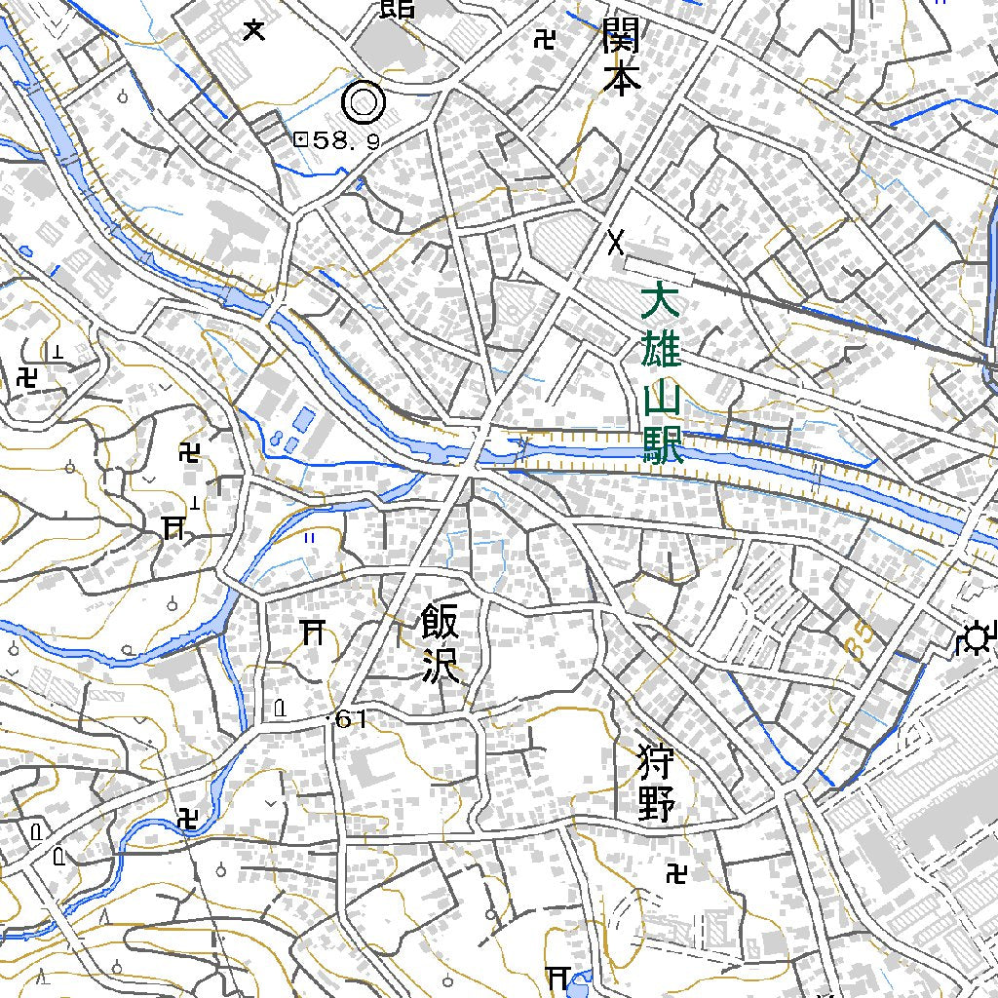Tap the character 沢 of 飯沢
[441, 668]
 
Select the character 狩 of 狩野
[656, 759]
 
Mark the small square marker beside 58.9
[300, 140]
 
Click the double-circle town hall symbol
[364, 100]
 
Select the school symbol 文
[254, 30]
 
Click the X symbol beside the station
[616, 241]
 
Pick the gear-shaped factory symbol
[974, 639]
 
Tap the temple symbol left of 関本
[545, 39]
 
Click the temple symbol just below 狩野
[674, 874]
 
